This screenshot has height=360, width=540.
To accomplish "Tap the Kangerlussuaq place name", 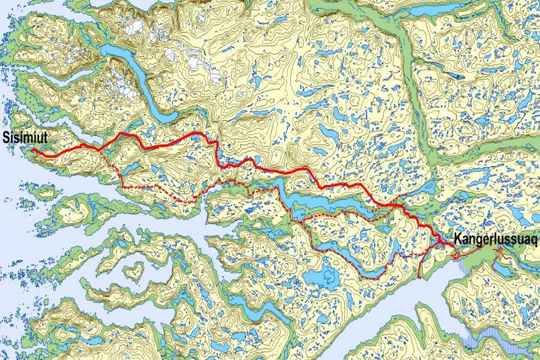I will coord(495,240).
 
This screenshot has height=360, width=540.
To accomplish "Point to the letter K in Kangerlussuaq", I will coord(457,239).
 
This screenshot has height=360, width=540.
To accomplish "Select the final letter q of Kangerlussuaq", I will coord(534,240).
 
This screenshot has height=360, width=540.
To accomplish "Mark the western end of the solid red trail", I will coord(32,150).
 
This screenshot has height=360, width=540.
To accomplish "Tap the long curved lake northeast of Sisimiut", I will coord(134,76).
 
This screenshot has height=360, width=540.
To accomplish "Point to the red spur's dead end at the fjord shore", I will coord(420,277).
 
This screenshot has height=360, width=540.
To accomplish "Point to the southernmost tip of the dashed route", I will coord(370,278).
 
